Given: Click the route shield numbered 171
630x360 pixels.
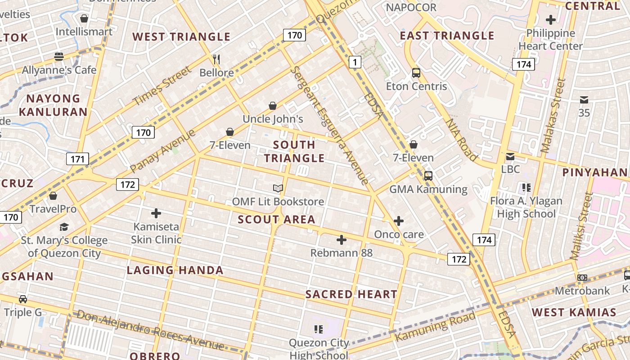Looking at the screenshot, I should pos(77,159).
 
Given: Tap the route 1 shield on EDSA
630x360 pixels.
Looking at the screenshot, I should pos(355,62).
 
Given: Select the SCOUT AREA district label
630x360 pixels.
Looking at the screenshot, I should pos(276,220).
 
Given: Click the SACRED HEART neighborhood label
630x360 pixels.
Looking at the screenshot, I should pos(351,294).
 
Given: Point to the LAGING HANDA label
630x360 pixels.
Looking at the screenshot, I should pos(175,270).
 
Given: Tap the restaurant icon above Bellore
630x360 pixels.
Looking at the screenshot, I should pos(216,59).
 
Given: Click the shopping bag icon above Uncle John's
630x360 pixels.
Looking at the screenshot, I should pos(273,106).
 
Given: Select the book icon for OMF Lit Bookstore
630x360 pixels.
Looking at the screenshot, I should pos(278,188).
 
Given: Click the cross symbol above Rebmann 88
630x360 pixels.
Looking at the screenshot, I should pos(342,240).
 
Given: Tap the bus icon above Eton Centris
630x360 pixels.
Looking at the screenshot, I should pos(416,72).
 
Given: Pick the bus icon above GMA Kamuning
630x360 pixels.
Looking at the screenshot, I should pos(428,176).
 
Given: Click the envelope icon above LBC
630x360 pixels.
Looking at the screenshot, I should pos(510,157).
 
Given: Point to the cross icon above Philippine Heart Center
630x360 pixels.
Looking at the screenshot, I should pos(550,20).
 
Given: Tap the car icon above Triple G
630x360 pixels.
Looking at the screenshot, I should pos(23,299).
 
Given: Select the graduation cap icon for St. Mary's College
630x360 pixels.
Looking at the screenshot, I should pos(64,227).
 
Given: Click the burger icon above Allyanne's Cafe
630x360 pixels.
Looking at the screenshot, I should pos(59,57).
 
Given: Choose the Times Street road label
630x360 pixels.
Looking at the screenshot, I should pos(162,86).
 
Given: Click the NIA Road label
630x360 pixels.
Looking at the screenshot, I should pos(461,139).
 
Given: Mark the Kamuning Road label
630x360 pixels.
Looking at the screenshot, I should pos(435,326).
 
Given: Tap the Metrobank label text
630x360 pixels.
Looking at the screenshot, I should pos(582,291).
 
